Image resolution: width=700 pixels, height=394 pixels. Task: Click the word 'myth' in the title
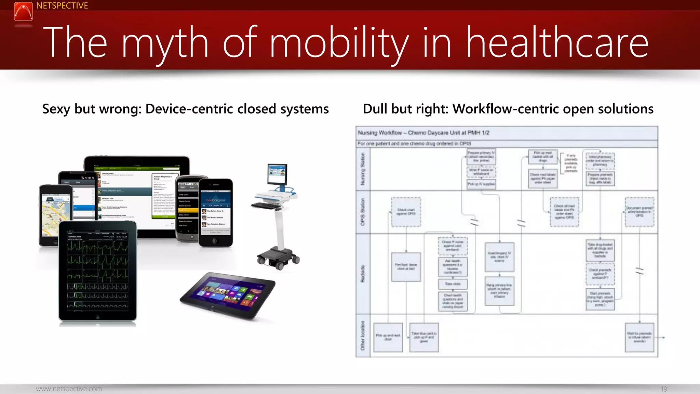click(165, 43)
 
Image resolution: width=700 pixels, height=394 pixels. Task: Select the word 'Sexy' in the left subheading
click(56, 109)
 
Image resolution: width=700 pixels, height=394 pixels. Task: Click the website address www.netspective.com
click(69, 389)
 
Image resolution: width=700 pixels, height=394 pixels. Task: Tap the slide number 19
click(664, 389)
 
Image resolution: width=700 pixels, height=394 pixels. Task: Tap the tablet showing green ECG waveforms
click(98, 271)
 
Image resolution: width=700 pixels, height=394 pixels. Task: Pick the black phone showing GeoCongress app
click(216, 212)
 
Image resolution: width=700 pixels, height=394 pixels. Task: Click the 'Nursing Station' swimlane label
click(363, 169)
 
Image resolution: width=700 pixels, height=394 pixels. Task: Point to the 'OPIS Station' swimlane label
click(363, 212)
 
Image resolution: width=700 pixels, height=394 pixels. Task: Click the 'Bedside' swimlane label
click(363, 274)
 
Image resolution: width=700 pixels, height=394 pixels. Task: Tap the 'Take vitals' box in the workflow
click(453, 284)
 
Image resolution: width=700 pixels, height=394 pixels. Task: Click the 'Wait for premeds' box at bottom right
click(639, 337)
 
